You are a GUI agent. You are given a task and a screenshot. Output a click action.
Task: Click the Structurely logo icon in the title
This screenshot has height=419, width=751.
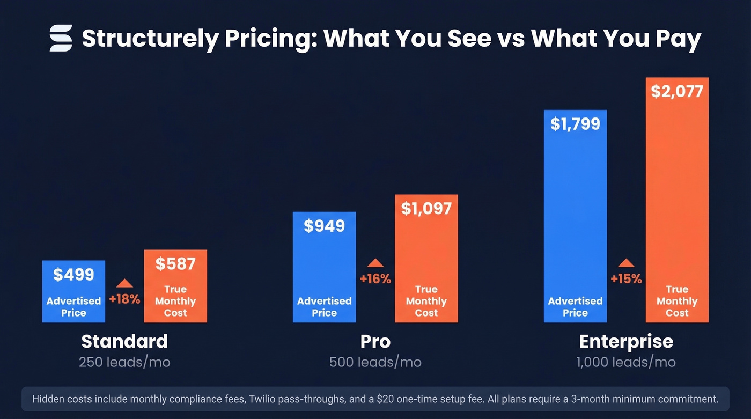pos(61,38)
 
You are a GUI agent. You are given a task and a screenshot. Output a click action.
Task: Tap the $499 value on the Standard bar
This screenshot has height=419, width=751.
pos(73,274)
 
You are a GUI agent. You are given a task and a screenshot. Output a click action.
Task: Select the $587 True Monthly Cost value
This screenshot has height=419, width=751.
pos(175,263)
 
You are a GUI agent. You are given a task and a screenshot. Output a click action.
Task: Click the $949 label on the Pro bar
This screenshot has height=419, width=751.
pos(324,226)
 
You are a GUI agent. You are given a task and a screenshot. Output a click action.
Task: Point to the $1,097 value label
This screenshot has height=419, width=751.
pos(426,209)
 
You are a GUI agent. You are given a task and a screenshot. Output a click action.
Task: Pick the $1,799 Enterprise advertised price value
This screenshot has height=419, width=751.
pos(575,124)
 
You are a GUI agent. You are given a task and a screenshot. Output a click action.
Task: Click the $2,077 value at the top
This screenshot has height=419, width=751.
pos(677,92)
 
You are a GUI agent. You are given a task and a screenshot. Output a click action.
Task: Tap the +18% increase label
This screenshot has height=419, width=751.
pos(124,299)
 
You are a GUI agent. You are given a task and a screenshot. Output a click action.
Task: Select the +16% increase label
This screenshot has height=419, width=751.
pos(376,279)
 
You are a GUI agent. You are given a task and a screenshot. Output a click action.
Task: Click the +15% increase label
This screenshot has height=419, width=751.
pos(626,279)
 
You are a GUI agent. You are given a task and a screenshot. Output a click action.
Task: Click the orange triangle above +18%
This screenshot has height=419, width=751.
pos(124,283)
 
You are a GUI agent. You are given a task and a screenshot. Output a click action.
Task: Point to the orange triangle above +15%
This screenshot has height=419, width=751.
pos(626,263)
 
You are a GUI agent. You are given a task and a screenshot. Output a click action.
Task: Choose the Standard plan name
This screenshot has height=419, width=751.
pos(124,341)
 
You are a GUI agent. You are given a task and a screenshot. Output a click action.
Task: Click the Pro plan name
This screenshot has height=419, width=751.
pos(376,341)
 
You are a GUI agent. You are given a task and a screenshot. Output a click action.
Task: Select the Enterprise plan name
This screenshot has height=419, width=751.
pos(626,341)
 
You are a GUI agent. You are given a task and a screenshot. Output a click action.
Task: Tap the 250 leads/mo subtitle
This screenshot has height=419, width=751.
pos(124,362)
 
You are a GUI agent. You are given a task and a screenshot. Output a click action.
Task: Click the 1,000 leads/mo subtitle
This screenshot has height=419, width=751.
pos(626,362)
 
